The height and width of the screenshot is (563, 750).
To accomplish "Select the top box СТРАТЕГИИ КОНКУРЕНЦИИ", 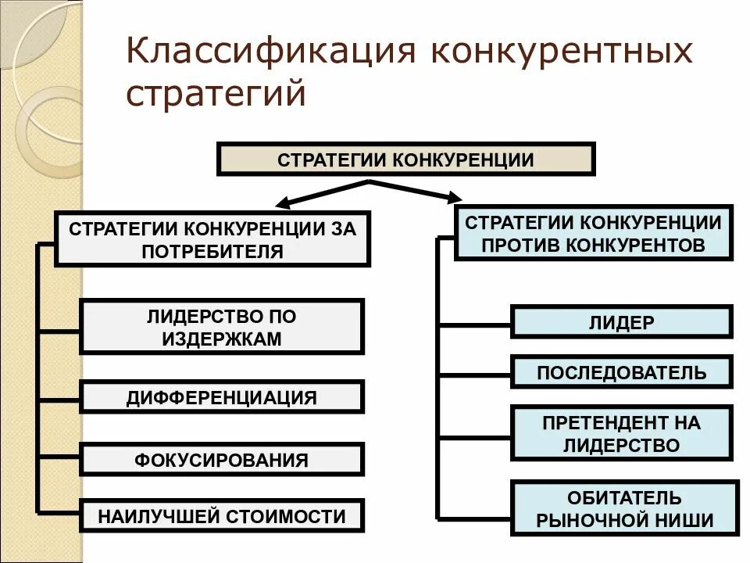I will pyautogui.click(x=405, y=160).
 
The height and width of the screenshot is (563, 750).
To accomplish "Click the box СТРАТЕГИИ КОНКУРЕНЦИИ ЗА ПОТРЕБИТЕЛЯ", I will pyautogui.click(x=212, y=239).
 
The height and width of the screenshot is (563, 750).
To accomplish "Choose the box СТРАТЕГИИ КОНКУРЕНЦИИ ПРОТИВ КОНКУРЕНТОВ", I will pyautogui.click(x=593, y=233).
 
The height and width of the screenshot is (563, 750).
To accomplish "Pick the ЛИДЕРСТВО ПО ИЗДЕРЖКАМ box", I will pyautogui.click(x=222, y=327).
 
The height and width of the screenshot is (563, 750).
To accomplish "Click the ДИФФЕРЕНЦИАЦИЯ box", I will pyautogui.click(x=222, y=397).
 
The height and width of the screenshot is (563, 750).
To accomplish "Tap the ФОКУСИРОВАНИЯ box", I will pyautogui.click(x=222, y=459).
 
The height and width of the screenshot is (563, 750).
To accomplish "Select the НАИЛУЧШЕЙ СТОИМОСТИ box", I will pyautogui.click(x=222, y=516).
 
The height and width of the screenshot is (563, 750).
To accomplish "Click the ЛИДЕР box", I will pyautogui.click(x=621, y=322).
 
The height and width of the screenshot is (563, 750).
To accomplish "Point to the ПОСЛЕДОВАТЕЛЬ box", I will pyautogui.click(x=621, y=372).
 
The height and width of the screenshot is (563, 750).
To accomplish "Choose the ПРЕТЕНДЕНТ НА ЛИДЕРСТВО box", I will pyautogui.click(x=621, y=433).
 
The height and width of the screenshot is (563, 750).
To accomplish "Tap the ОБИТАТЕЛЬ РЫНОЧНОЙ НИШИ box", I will pyautogui.click(x=625, y=508).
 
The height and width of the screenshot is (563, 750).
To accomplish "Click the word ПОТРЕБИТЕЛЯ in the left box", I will pyautogui.click(x=212, y=251).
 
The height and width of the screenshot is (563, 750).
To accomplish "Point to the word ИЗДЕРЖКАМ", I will pyautogui.click(x=222, y=339).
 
